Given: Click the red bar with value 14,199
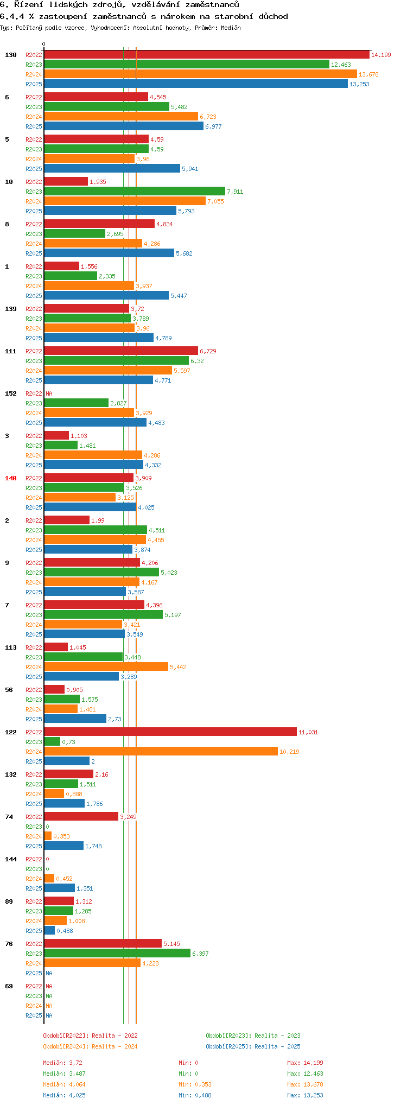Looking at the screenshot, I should [x=206, y=55].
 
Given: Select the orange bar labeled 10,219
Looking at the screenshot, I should [x=161, y=752].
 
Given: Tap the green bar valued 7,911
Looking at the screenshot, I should [x=134, y=192].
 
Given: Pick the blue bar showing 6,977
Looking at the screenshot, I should [x=123, y=126].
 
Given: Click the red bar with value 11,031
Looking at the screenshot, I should [x=170, y=732].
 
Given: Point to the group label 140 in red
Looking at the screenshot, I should [x=10, y=478].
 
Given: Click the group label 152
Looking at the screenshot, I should [x=10, y=393].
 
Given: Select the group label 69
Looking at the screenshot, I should [x=9, y=986].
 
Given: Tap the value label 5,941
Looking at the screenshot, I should [x=190, y=169].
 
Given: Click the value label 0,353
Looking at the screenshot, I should [x=61, y=836].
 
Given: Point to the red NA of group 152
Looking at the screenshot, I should [x=49, y=393].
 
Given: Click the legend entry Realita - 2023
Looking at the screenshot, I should [x=253, y=1036].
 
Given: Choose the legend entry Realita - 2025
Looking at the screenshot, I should [x=253, y=1046].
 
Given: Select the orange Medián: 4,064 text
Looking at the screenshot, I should [x=64, y=1084].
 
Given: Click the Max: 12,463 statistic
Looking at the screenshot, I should [x=305, y=1074].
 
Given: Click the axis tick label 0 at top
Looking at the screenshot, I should [x=44, y=45].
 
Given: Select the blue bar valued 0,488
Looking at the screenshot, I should [x=49, y=931].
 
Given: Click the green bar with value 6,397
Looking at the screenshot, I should [x=117, y=954].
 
